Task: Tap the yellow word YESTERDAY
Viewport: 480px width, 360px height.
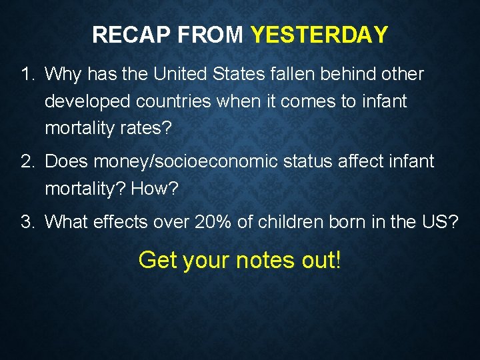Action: tap(319, 35)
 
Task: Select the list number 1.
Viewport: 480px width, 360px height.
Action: tap(25, 74)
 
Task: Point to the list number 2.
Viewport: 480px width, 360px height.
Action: tap(25, 161)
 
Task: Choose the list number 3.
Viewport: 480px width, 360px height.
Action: tap(25, 221)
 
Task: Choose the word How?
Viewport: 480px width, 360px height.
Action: tap(155, 189)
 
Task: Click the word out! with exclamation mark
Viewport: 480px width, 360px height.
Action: tap(321, 260)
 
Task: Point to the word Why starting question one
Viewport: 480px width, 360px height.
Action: tap(63, 74)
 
